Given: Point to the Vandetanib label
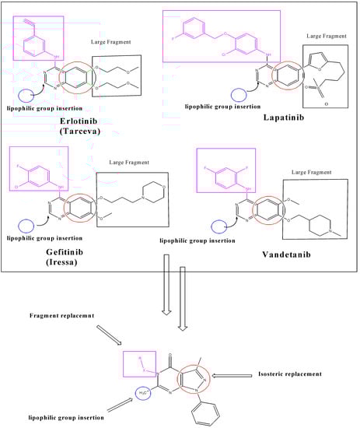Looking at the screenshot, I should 291,253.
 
